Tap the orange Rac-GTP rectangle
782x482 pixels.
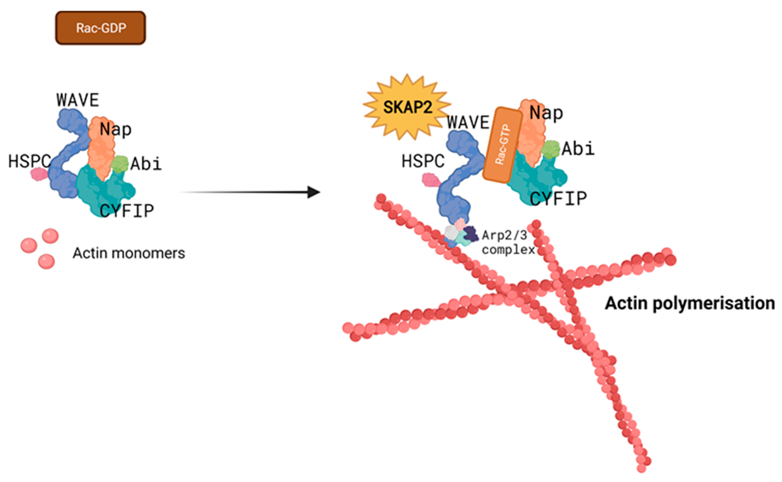tap(503, 145)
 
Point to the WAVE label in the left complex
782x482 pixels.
tap(78, 100)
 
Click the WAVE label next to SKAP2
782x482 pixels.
tap(468, 123)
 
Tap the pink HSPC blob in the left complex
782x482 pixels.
tap(39, 174)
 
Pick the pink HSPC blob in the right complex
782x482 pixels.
tap(431, 180)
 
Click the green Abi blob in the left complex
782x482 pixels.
tap(120, 164)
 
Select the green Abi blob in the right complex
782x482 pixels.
tap(550, 149)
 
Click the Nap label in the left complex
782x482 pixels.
tap(116, 130)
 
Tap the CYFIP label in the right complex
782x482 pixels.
tap(558, 199)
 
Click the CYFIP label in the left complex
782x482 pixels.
tap(127, 211)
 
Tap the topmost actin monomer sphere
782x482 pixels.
tap(50, 236)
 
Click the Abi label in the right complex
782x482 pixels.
tap(578, 149)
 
